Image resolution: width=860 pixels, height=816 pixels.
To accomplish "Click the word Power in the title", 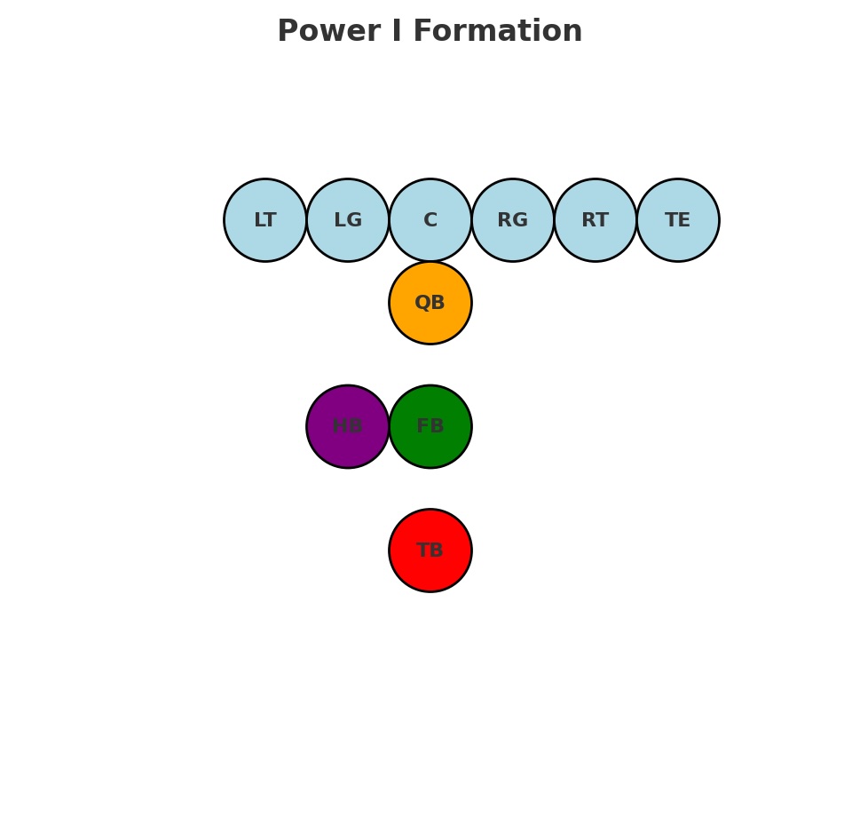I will click(317, 32).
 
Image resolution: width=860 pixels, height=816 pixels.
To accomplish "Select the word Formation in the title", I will click(498, 32).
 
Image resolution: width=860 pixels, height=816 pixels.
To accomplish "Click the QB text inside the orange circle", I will click(430, 303).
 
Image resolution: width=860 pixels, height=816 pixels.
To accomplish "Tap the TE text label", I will click(678, 221).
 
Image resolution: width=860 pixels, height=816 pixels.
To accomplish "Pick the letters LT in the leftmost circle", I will click(265, 221).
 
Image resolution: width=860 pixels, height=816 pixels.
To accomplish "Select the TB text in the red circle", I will click(430, 551).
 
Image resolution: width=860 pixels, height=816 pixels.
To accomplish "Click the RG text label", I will click(513, 221).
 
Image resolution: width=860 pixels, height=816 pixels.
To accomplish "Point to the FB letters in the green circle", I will click(430, 427).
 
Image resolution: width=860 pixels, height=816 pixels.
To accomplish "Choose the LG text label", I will click(348, 221).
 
